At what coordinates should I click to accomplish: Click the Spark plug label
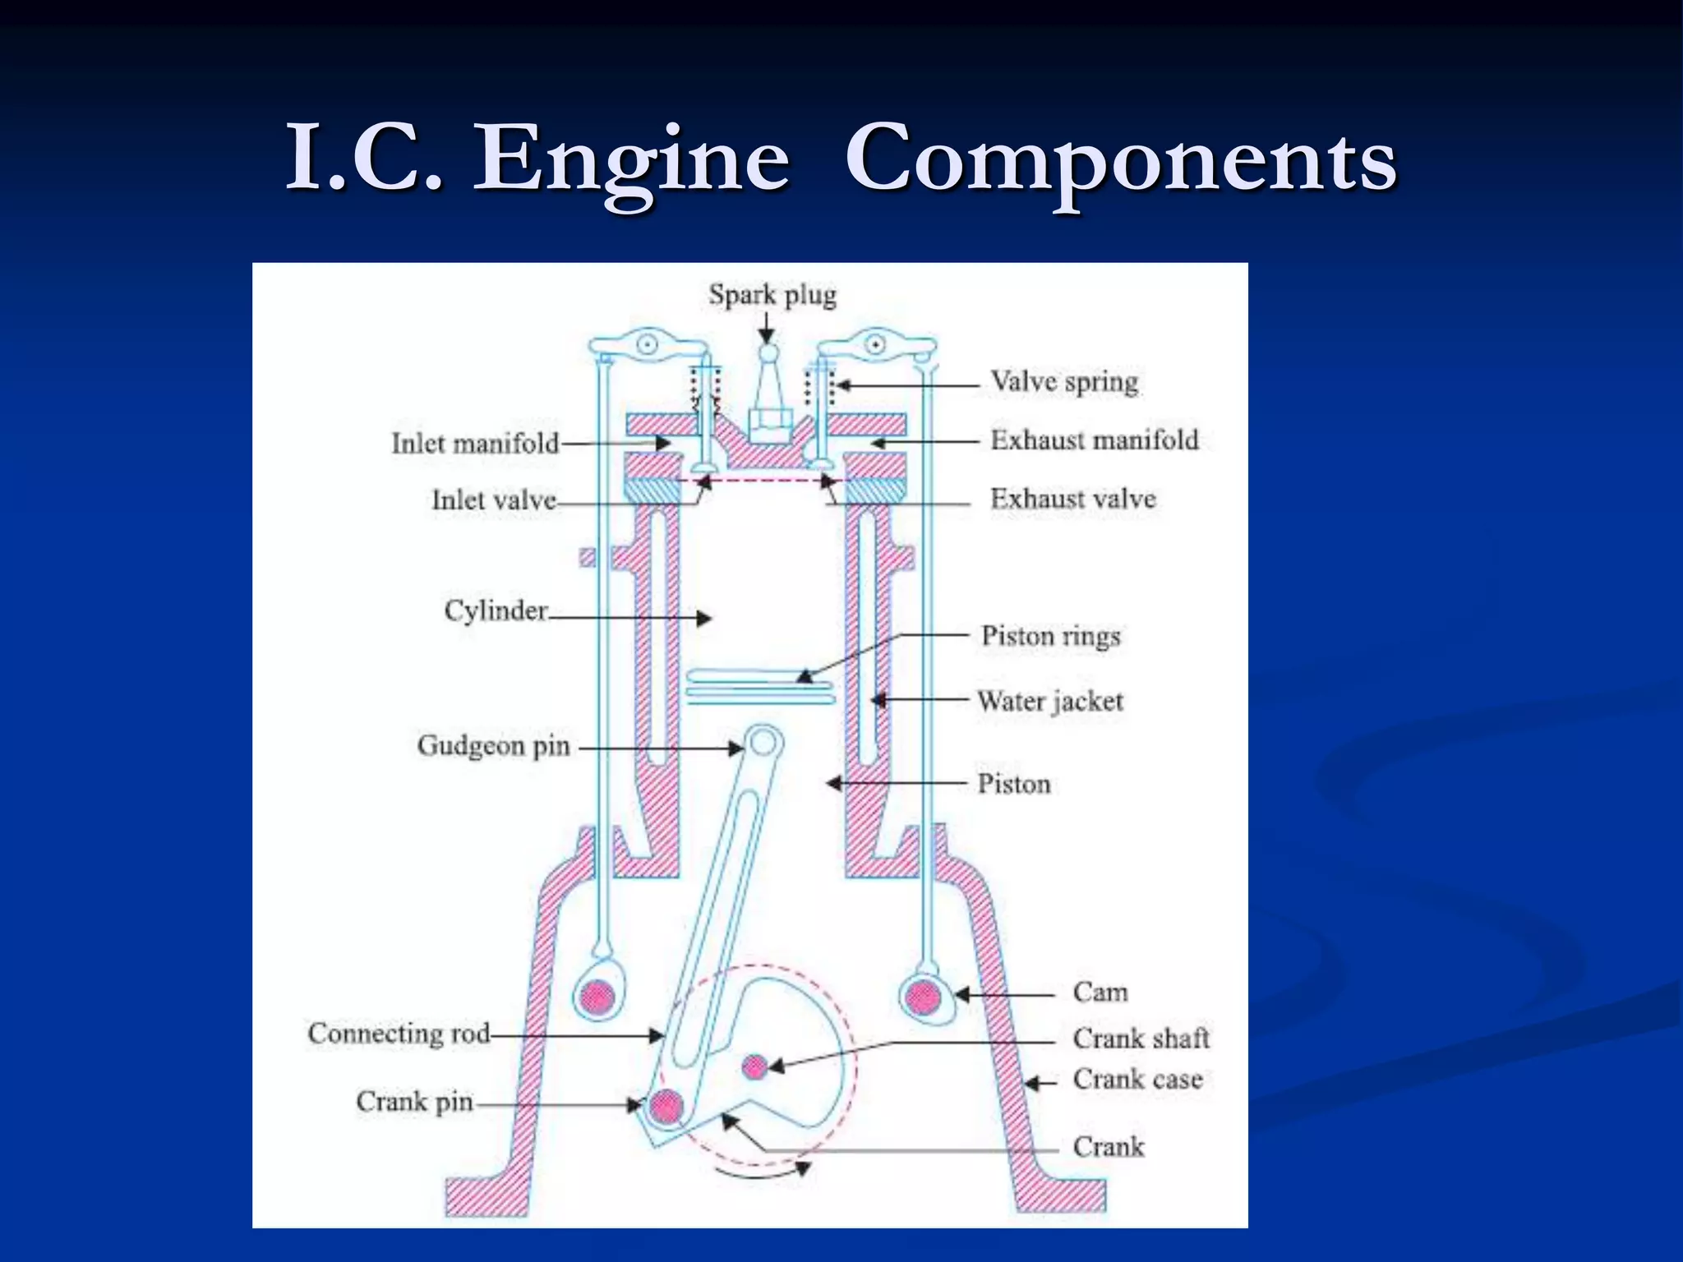pyautogui.click(x=772, y=295)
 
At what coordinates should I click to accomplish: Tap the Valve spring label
pyautogui.click(x=1063, y=382)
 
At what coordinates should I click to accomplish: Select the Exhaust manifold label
pyautogui.click(x=1094, y=440)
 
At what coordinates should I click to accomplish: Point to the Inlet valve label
pyautogui.click(x=494, y=500)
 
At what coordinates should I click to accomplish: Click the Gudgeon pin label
pyautogui.click(x=493, y=746)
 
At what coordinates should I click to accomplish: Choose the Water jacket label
pyautogui.click(x=1049, y=701)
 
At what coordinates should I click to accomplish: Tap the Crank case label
pyautogui.click(x=1137, y=1079)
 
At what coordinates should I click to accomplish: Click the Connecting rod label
pyautogui.click(x=399, y=1034)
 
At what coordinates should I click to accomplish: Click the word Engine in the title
pyautogui.click(x=631, y=159)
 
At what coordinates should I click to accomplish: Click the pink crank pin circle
pyautogui.click(x=666, y=1107)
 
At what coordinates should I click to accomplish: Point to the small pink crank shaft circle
pyautogui.click(x=754, y=1066)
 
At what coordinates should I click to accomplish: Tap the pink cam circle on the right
pyautogui.click(x=923, y=997)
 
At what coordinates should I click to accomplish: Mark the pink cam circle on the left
pyautogui.click(x=597, y=997)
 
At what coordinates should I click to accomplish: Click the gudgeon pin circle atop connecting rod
pyautogui.click(x=763, y=743)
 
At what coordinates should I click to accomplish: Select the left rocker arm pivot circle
pyautogui.click(x=648, y=345)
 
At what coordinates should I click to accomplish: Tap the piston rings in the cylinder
pyautogui.click(x=760, y=687)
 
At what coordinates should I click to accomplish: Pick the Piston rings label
pyautogui.click(x=1050, y=636)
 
